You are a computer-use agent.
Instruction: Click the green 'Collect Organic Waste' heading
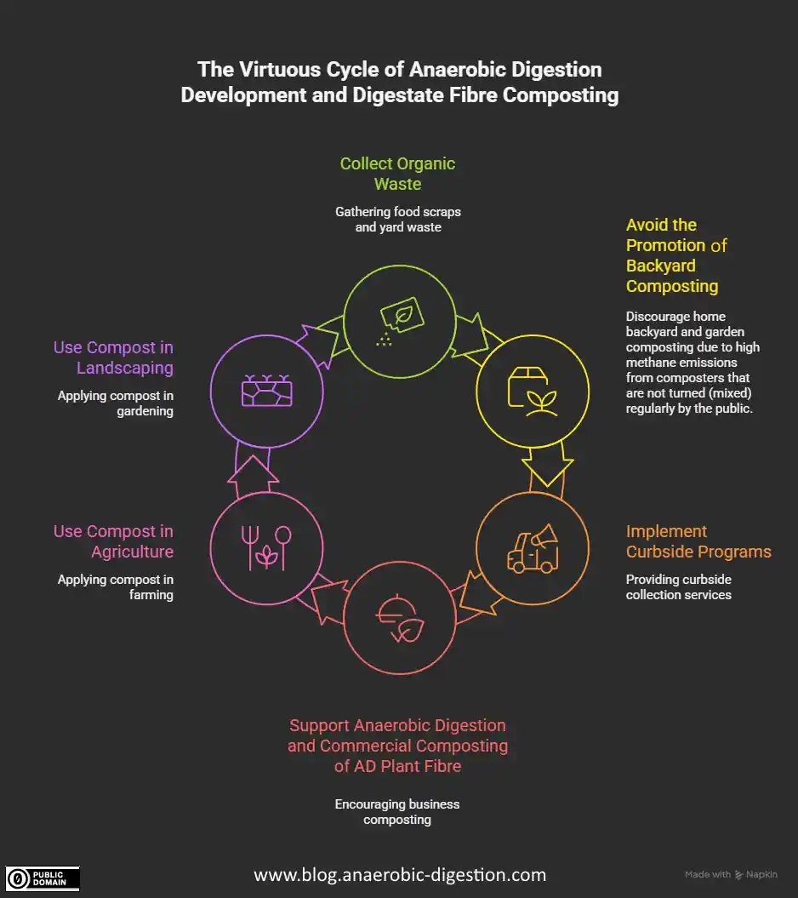397,173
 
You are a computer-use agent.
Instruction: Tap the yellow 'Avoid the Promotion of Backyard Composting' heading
676,255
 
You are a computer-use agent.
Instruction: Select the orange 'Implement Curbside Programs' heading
698,541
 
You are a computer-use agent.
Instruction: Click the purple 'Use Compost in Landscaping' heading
113,357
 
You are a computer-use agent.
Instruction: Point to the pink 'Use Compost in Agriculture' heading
113,541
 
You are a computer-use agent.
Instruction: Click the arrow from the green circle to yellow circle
471,333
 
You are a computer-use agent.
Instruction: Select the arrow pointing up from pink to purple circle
253,473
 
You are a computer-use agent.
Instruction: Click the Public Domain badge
43,878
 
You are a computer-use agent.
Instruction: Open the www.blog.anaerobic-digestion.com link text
400,874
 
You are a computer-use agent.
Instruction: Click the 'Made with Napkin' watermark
731,875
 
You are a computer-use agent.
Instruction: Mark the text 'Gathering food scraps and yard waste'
397,220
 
